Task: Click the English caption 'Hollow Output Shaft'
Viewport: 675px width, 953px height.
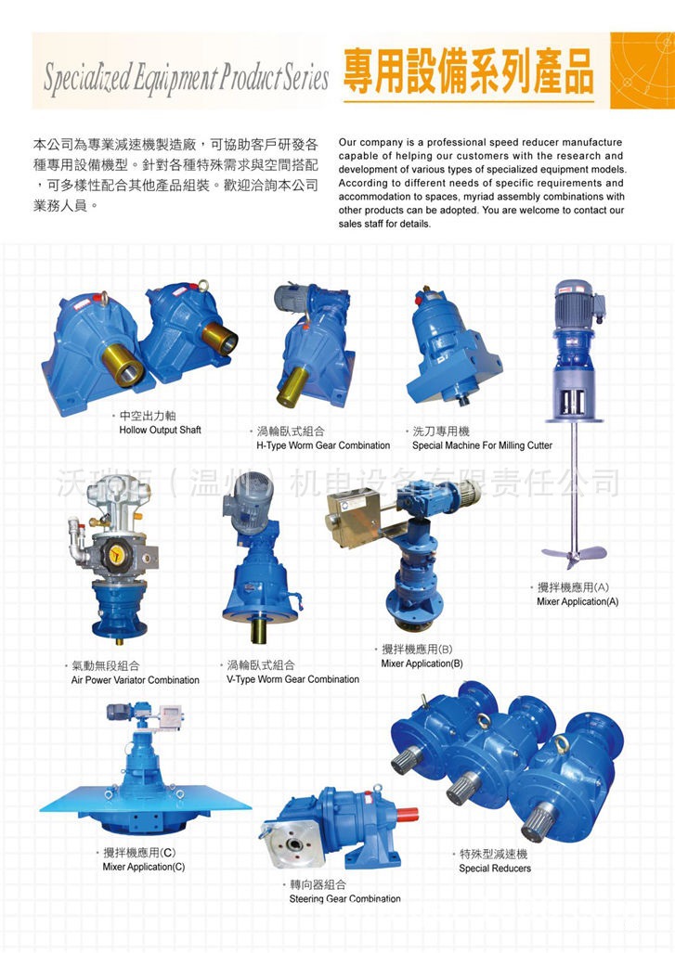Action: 160,431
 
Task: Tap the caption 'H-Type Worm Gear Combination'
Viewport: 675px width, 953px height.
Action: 322,445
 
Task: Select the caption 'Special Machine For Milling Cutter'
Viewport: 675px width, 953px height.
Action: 482,445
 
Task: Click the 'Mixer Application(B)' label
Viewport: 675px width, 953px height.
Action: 422,663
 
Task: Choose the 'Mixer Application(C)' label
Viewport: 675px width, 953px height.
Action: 143,867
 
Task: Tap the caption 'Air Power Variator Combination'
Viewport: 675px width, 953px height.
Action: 135,680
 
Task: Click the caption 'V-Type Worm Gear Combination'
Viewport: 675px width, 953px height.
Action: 292,679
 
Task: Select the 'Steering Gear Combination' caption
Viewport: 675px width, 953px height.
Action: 344,899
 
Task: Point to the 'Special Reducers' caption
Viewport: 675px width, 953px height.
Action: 495,869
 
